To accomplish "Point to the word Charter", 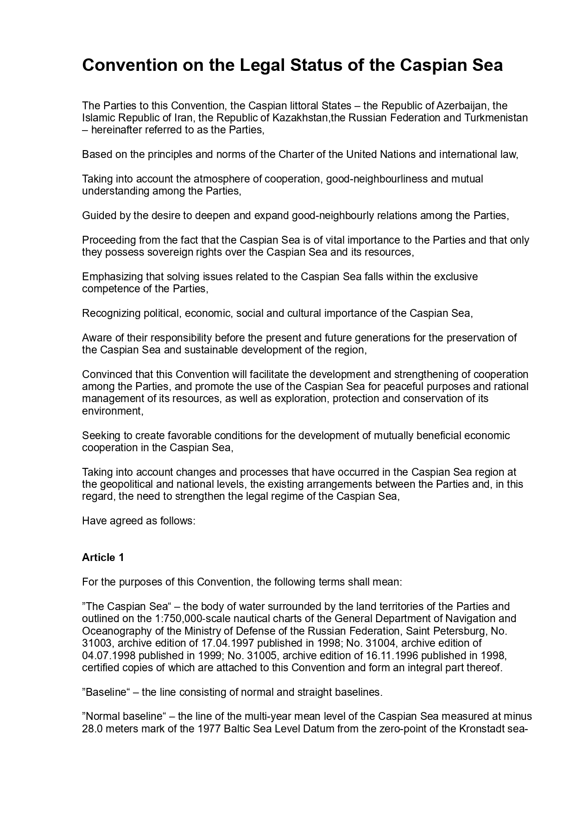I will tap(296, 154).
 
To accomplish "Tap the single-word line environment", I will tap(112, 411).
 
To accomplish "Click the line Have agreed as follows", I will tap(139, 521).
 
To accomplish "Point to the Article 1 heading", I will tap(103, 557).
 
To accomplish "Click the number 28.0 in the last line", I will tap(92, 729).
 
